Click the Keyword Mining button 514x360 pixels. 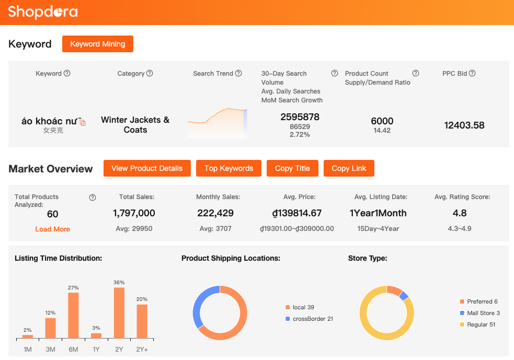click(x=98, y=44)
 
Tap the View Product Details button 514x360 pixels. click(x=147, y=168)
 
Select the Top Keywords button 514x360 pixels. click(x=229, y=168)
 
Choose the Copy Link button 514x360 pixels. click(x=349, y=168)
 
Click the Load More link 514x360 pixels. click(x=52, y=229)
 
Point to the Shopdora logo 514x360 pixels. click(x=43, y=12)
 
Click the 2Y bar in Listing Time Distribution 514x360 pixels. click(x=119, y=313)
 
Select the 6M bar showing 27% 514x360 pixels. click(x=73, y=316)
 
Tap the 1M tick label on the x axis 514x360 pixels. click(x=28, y=349)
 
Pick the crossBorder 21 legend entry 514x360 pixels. click(x=313, y=319)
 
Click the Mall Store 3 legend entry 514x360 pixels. click(x=483, y=313)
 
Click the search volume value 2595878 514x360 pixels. click(x=300, y=117)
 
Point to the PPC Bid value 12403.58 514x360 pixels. click(x=464, y=125)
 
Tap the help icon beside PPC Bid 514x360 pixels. click(x=472, y=74)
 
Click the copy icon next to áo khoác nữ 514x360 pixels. click(x=83, y=122)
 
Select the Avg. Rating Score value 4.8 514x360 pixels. click(x=460, y=213)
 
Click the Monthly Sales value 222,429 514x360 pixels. click(x=215, y=213)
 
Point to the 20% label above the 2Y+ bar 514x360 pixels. click(x=142, y=299)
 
